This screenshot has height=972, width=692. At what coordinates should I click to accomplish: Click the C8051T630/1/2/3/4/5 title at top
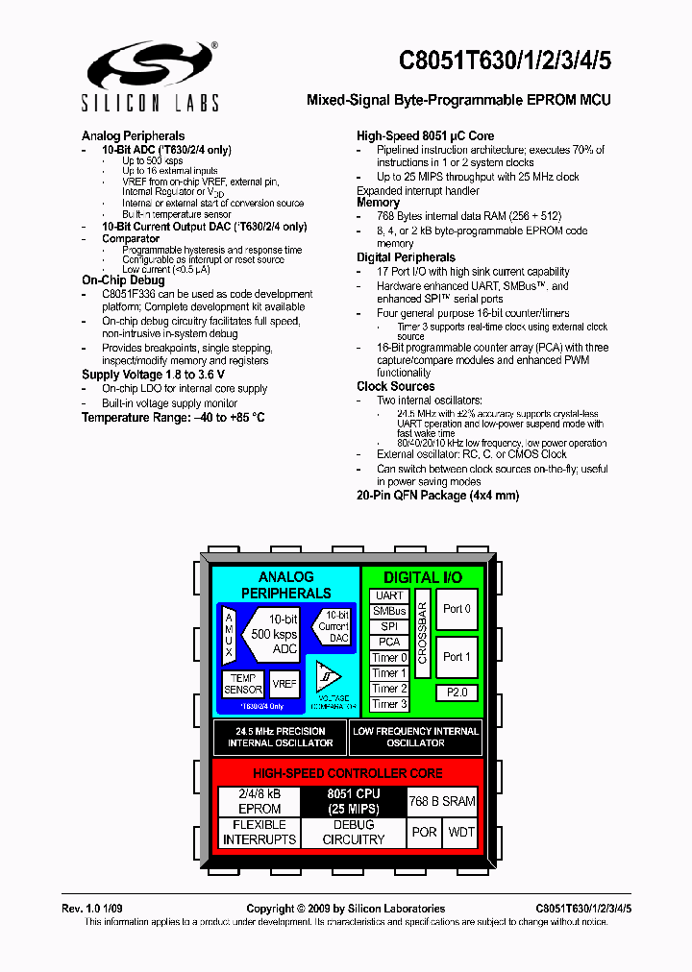(x=505, y=61)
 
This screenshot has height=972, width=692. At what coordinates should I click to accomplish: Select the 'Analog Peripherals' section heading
(x=133, y=135)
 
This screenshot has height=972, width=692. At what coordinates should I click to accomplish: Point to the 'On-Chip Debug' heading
(x=122, y=279)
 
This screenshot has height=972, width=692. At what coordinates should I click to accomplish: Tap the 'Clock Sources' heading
(x=395, y=386)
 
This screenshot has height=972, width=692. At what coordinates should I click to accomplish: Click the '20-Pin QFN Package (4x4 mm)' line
(x=437, y=496)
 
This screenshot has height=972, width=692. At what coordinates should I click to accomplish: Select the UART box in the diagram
(x=389, y=595)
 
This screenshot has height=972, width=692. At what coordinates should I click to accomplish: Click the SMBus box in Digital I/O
(x=389, y=611)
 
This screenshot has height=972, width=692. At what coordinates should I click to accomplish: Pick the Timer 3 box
(x=389, y=704)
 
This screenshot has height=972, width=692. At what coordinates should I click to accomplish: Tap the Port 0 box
(x=457, y=609)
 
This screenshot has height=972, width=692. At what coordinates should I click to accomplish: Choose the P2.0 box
(x=457, y=693)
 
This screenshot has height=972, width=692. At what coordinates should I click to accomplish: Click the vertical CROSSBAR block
(x=422, y=634)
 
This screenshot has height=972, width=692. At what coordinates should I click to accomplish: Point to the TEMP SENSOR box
(x=243, y=684)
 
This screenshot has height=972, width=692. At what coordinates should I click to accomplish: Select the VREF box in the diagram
(x=284, y=684)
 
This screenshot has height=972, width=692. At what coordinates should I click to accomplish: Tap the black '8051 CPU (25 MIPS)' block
(x=354, y=801)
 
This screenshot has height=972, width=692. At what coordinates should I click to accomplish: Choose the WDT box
(x=461, y=832)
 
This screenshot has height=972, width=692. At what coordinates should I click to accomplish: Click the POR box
(x=424, y=832)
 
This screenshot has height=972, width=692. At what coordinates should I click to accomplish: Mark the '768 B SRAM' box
(x=442, y=801)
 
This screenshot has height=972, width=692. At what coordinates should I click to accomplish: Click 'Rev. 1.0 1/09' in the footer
(x=98, y=909)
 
